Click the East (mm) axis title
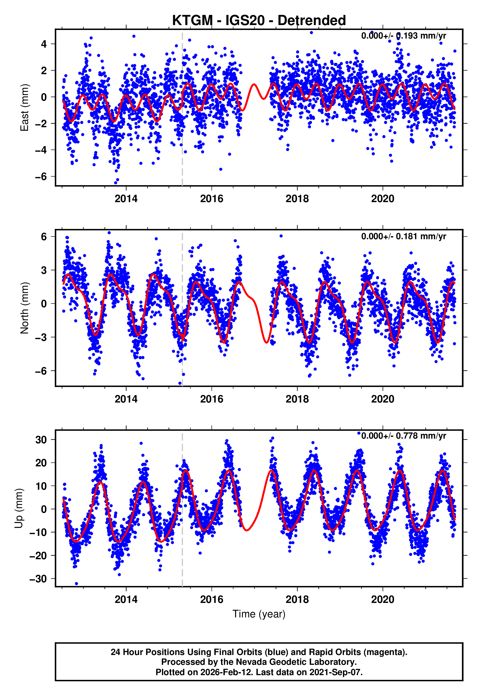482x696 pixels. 25,108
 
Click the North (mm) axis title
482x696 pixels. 25,308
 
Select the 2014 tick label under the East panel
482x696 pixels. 126,199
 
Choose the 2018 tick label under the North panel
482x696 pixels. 297,399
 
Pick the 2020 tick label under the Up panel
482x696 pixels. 383,599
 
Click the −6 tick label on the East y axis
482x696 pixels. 41,177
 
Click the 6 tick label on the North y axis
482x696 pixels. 44,237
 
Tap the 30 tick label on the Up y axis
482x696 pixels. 41,440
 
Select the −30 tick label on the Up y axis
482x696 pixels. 38,579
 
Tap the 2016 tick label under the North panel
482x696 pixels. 212,399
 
